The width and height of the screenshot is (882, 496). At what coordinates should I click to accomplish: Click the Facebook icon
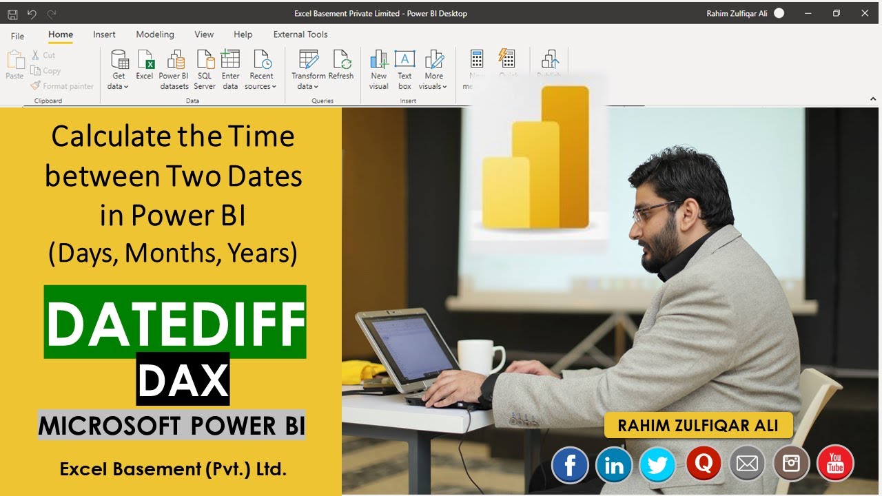570,465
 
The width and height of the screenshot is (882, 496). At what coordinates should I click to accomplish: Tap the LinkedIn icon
613,465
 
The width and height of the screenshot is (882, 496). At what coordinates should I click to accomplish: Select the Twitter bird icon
657,465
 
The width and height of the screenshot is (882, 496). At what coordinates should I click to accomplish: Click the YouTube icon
835,463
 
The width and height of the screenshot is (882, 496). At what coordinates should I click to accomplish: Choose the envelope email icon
747,464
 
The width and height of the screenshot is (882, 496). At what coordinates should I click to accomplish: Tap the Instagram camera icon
791,464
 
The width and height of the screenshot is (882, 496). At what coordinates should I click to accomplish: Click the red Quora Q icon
704,463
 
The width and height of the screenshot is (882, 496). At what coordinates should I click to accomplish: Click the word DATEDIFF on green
175,322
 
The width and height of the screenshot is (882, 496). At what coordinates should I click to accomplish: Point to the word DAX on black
183,379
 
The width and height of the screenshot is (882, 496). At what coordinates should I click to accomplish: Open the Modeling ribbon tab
155,34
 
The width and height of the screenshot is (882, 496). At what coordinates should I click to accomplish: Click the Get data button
119,70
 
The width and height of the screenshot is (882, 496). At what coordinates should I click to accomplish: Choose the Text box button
404,70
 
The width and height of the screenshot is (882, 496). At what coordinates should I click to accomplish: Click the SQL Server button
205,70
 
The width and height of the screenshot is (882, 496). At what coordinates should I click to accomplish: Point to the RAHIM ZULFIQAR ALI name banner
698,425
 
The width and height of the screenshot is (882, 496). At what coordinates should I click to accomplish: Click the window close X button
865,13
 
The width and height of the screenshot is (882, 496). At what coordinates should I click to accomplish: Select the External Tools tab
300,34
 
